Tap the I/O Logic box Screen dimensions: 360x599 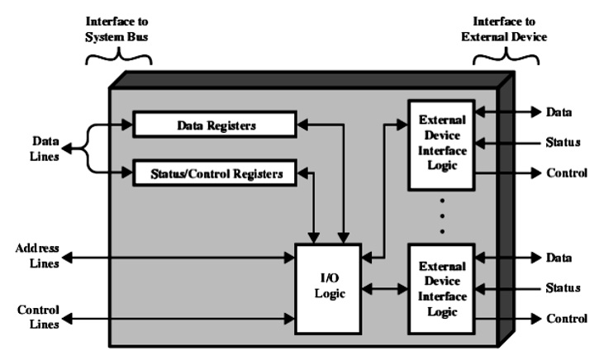[x=327, y=288]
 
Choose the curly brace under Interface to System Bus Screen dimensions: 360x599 [x=119, y=54]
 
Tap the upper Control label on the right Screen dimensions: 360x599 [x=566, y=174]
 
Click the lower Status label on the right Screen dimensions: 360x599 [x=562, y=287]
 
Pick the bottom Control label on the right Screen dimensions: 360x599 [x=566, y=318]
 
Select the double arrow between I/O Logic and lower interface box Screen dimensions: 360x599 [x=385, y=290]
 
